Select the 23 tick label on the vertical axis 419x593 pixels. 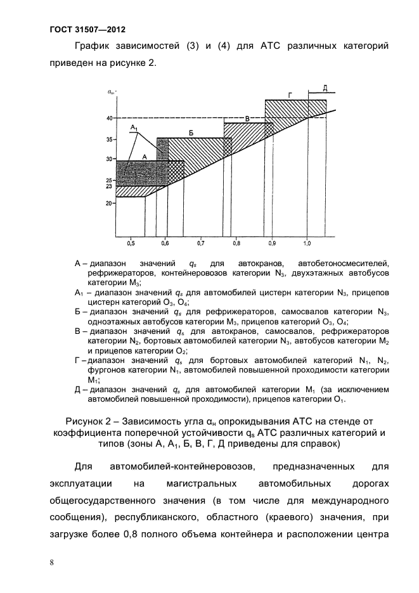click(109, 187)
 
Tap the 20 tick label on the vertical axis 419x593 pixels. click(109, 203)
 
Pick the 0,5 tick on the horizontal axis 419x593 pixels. click(130, 243)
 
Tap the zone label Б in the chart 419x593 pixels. click(191, 132)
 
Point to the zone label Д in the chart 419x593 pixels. click(324, 87)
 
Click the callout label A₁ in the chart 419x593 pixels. click(134, 128)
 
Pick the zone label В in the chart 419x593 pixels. click(248, 118)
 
